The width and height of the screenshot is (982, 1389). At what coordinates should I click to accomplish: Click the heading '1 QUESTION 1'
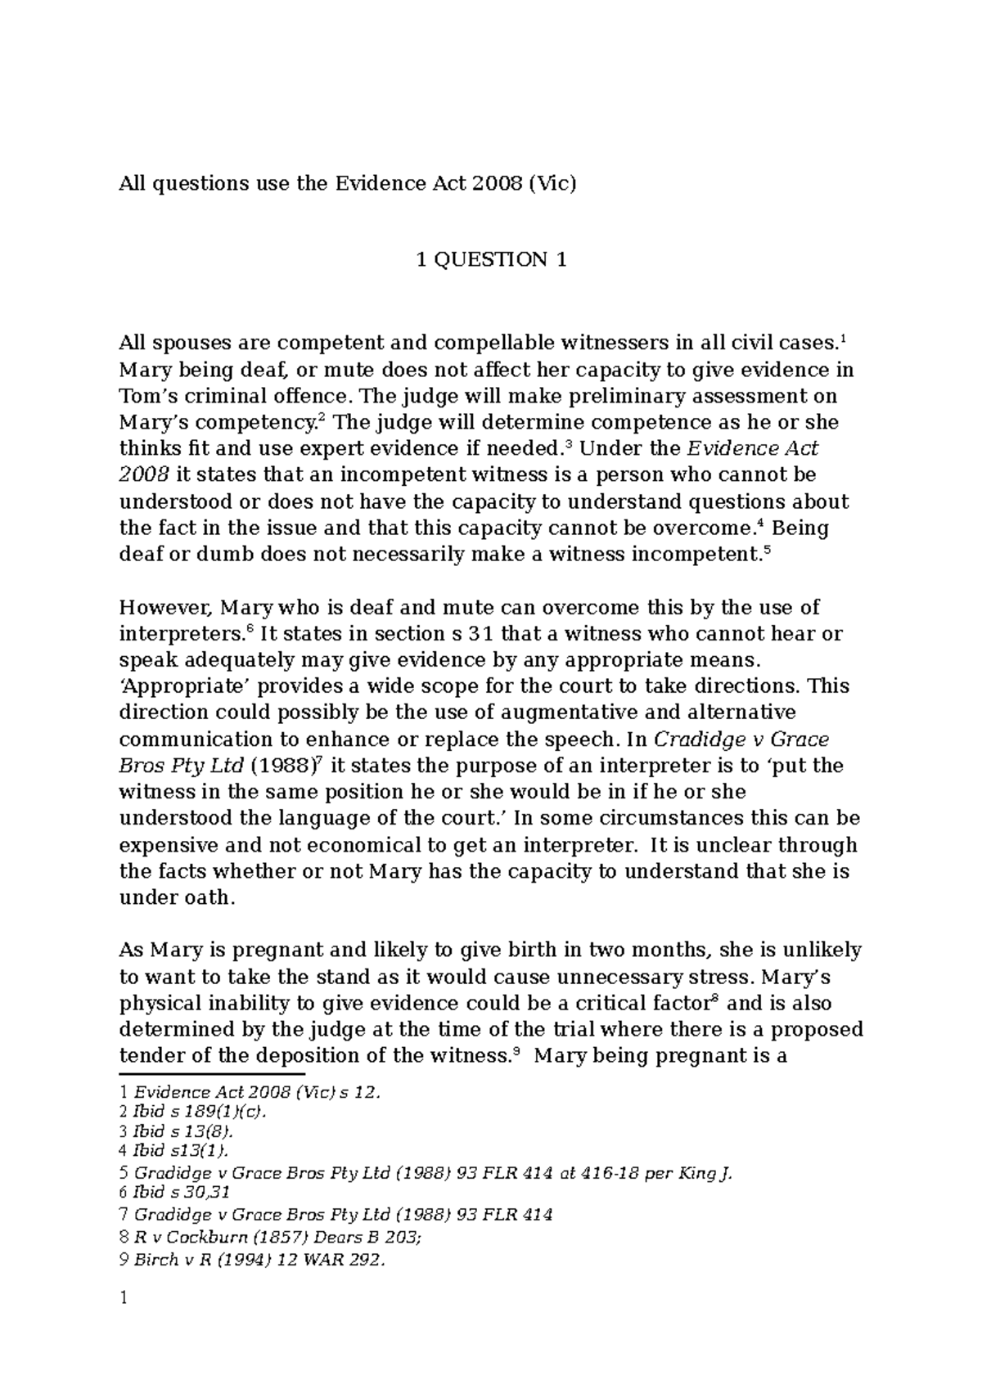[491, 261]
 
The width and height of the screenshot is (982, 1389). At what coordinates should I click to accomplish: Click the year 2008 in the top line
[494, 183]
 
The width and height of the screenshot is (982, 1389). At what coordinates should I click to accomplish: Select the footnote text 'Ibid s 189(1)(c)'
[200, 1113]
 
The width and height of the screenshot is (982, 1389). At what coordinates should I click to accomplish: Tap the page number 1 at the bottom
[123, 1299]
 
